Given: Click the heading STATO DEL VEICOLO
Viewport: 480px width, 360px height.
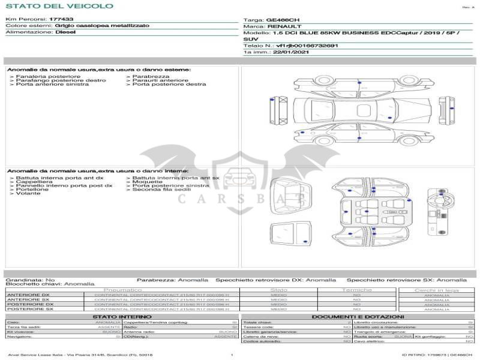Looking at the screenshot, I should [x=59, y=6].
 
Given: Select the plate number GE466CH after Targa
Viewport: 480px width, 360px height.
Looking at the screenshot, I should [x=284, y=20].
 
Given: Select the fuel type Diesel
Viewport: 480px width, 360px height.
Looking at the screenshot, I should [x=65, y=32].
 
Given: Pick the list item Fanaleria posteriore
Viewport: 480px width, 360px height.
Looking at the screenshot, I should [x=48, y=77].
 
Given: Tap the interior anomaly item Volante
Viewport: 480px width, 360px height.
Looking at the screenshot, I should [x=28, y=193].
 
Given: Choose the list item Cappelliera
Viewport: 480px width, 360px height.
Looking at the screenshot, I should [x=34, y=182].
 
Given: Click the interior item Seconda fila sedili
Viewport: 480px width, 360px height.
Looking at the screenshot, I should [x=160, y=190].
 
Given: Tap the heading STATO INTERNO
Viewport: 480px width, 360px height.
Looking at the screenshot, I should [x=118, y=317].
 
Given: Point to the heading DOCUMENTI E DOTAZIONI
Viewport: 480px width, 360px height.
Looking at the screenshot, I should [x=358, y=317].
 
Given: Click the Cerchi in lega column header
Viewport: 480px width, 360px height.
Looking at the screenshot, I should [x=436, y=289].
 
